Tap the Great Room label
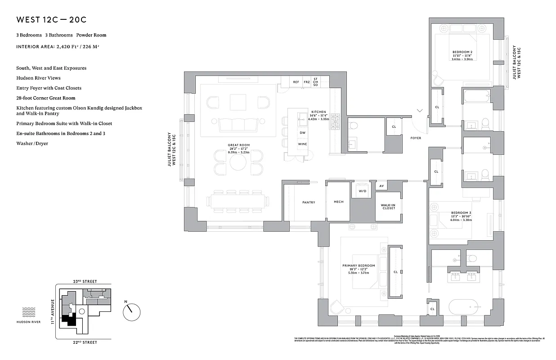(238, 145)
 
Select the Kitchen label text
(318, 112)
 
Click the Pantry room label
(309, 202)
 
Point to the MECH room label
(338, 202)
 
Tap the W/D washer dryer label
(363, 190)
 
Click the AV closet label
(381, 186)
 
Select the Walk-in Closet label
(388, 206)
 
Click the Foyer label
(416, 138)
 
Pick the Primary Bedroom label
(359, 266)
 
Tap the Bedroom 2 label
(462, 52)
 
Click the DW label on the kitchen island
(302, 133)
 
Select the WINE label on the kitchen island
(302, 144)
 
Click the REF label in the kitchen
(296, 82)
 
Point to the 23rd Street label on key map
(85, 281)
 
